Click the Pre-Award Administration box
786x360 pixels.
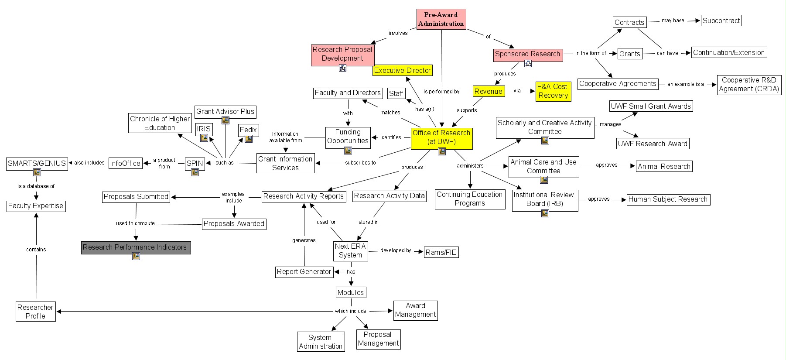pos(441,19)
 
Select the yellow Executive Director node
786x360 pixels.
pos(402,70)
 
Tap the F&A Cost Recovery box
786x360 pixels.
pos(553,91)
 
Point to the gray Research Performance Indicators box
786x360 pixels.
pos(136,247)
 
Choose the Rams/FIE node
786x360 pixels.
pos(441,252)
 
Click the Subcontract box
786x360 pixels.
pos(721,21)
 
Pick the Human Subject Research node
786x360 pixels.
pos(668,199)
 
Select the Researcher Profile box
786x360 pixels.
pos(35,312)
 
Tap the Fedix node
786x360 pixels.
pos(248,130)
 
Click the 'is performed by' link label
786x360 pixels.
pos(441,92)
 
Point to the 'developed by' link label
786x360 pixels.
pos(396,250)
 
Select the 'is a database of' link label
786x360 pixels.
pos(36,186)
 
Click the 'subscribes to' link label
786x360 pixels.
pos(360,163)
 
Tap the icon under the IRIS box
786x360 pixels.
pos(204,138)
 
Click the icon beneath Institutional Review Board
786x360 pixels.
pos(545,213)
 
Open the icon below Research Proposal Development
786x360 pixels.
pos(342,68)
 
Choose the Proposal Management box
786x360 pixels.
pos(378,339)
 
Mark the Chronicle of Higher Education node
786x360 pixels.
pos(160,123)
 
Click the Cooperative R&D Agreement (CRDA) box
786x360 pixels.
pos(748,85)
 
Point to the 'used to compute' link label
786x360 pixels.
pos(135,223)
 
